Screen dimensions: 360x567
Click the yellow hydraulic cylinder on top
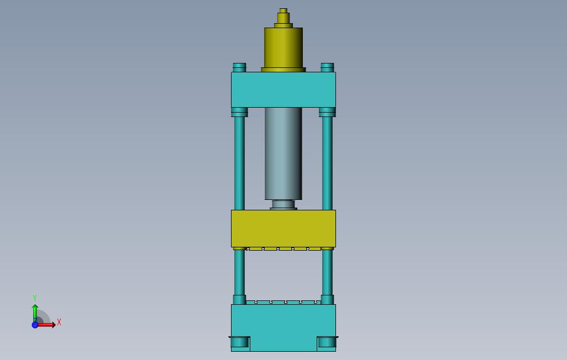pyautogui.click(x=283, y=48)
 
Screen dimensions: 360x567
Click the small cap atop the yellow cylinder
pyautogui.click(x=283, y=11)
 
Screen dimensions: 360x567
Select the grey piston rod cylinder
pyautogui.click(x=283, y=153)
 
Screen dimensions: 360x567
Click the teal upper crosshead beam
pyautogui.click(x=283, y=89)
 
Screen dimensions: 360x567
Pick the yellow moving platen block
pyautogui.click(x=283, y=229)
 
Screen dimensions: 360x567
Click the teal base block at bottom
pyautogui.click(x=283, y=323)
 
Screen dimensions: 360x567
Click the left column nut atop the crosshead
pyautogui.click(x=239, y=67)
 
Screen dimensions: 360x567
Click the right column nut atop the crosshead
pyautogui.click(x=327, y=67)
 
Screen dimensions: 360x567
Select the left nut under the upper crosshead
pyautogui.click(x=239, y=112)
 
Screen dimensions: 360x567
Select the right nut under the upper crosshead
pyautogui.click(x=327, y=112)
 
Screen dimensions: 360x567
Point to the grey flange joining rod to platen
pyautogui.click(x=283, y=205)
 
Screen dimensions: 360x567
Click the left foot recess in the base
pyautogui.click(x=240, y=343)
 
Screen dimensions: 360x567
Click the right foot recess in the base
pyautogui.click(x=327, y=343)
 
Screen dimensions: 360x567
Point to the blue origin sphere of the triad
pyautogui.click(x=35, y=325)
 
